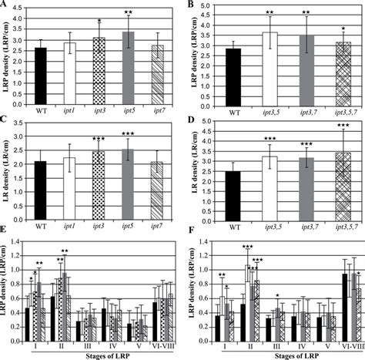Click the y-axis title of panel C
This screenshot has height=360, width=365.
point(7,166)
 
